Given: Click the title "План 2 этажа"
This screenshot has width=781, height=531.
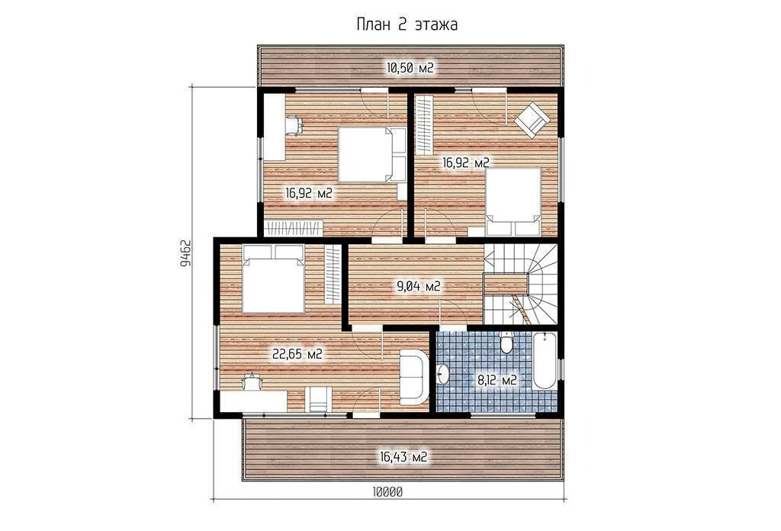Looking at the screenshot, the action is click(407, 24).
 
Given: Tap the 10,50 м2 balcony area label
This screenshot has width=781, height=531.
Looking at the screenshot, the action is click(410, 68).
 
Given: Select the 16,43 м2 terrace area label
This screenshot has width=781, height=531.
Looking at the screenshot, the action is click(403, 456).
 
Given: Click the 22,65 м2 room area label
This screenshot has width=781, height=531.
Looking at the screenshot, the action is click(297, 354).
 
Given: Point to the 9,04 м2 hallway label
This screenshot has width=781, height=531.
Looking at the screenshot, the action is click(418, 286).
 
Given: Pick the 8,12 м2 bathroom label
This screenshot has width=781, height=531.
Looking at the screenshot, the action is click(497, 381).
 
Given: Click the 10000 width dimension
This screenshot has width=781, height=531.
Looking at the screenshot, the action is click(387, 491).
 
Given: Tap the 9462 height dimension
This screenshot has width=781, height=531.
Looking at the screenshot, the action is click(185, 254).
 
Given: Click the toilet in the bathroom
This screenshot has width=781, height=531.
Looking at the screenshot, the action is click(506, 342).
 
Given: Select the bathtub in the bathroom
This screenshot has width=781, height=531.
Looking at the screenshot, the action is click(545, 361).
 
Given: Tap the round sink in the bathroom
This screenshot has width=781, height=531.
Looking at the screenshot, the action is click(442, 374).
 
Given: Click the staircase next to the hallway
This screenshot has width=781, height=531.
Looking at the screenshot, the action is click(520, 284).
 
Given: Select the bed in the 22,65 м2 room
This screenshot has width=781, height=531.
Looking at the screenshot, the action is click(273, 278).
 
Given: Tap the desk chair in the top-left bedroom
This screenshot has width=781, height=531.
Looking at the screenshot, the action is click(294, 125).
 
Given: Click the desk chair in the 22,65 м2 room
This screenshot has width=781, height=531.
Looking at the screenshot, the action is click(252, 381).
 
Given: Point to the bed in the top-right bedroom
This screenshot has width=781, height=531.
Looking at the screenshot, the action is click(513, 201).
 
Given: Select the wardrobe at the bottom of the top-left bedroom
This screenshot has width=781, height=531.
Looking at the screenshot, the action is click(293, 228).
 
